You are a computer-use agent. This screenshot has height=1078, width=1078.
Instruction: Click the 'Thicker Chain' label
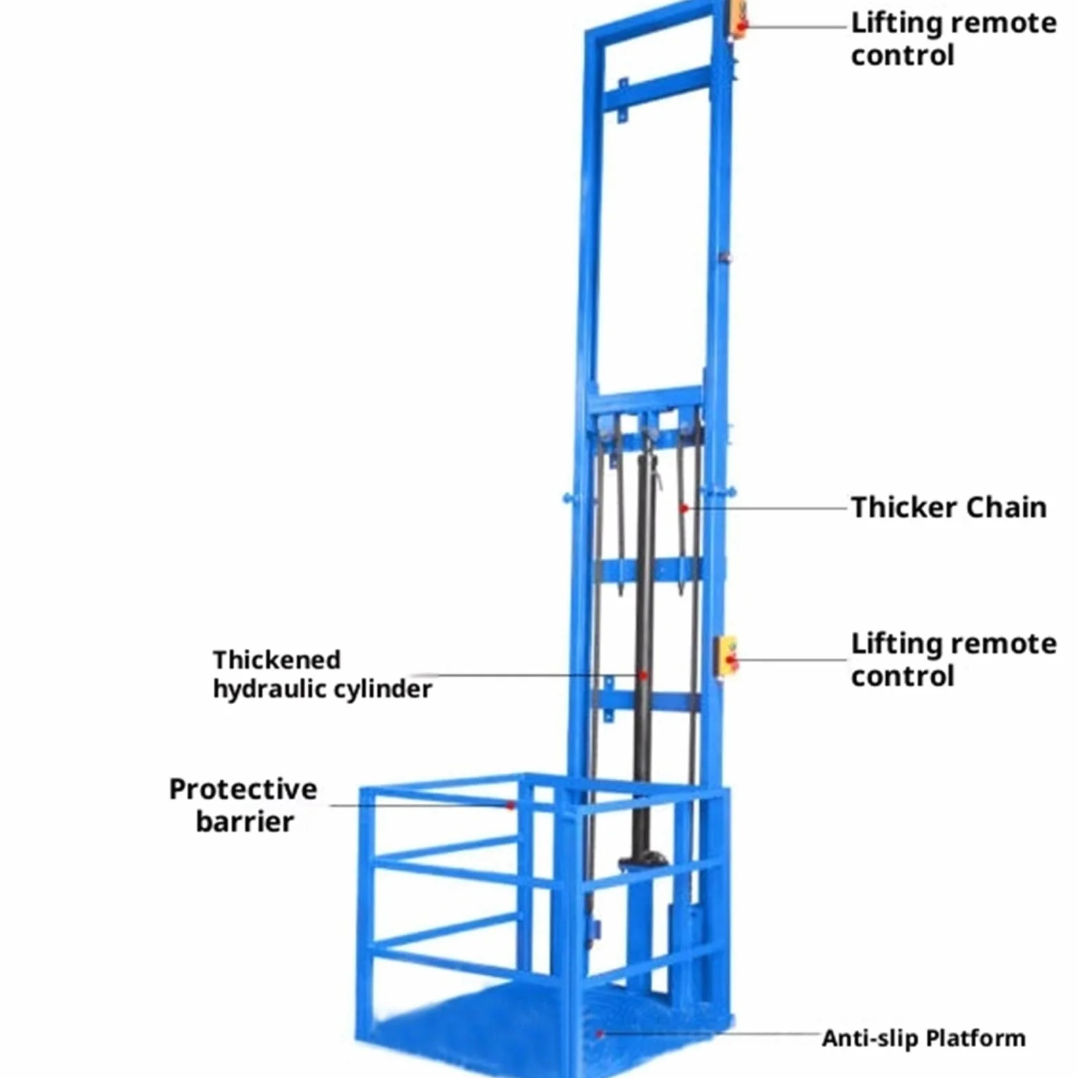949,507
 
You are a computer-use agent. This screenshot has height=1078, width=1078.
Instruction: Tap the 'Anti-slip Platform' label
923,1037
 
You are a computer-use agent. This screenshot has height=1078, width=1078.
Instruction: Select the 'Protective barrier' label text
243,805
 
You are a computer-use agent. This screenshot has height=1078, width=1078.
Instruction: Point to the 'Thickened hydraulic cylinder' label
322,674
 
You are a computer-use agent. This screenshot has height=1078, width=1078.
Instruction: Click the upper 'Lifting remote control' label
954,39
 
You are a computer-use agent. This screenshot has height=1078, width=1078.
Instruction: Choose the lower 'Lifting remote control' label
954,659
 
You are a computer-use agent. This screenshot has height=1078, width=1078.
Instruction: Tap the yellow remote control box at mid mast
726,657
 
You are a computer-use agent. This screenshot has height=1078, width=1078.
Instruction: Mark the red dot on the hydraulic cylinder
643,676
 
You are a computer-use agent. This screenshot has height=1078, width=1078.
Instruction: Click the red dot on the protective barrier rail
510,805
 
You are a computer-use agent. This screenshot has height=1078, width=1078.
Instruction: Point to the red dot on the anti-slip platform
599,1033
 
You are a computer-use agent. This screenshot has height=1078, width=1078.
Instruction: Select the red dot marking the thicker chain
684,508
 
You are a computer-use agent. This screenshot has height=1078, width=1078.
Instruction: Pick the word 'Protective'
243,789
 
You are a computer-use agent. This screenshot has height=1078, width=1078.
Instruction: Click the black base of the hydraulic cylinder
643,860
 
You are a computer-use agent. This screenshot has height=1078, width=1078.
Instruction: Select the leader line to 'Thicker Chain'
765,508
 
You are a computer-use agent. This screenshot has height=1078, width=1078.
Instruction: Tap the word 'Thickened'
276,660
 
